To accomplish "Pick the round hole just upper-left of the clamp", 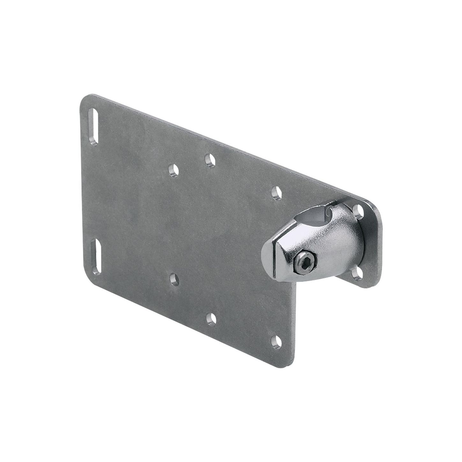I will tap(277, 194).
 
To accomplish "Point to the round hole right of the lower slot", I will tap(174, 279).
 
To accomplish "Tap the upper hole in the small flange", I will tap(359, 210).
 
